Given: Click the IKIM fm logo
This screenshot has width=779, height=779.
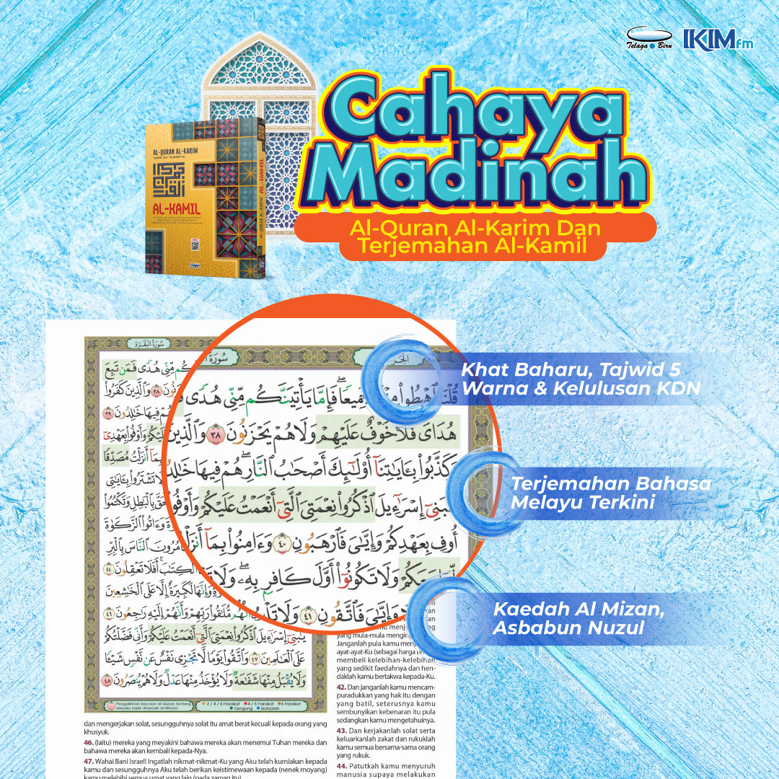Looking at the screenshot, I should (x=717, y=40).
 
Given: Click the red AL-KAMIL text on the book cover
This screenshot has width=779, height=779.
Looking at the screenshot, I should (x=176, y=208).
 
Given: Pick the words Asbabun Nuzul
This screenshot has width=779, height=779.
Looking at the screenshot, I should (x=568, y=628).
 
